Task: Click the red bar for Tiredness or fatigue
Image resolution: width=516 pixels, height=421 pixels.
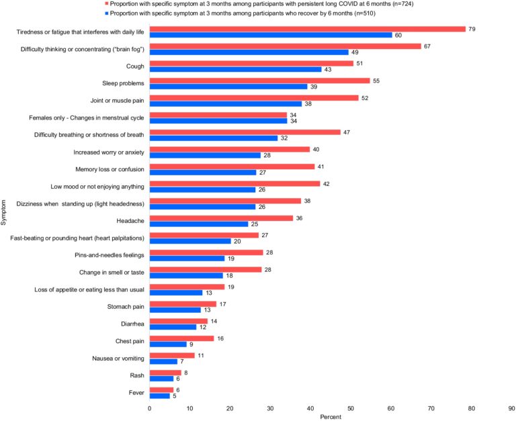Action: coord(307,29)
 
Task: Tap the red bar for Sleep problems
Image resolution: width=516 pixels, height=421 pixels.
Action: coord(259,81)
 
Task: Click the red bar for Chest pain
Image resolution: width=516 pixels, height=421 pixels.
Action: coord(181,338)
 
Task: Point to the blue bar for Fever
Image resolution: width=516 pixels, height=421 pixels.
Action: coord(159,395)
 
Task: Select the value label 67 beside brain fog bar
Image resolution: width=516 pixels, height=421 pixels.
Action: coord(427,46)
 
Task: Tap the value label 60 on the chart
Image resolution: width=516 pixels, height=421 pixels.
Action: coord(398,35)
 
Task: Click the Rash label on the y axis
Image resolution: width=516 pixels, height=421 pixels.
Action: coord(138,375)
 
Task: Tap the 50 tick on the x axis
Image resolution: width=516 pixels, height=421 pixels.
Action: coord(351,408)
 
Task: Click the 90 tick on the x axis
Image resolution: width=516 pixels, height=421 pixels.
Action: coord(511,408)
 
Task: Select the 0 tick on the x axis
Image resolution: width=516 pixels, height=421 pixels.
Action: coord(149,408)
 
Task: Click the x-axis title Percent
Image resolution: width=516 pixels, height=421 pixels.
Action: coord(330,417)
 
